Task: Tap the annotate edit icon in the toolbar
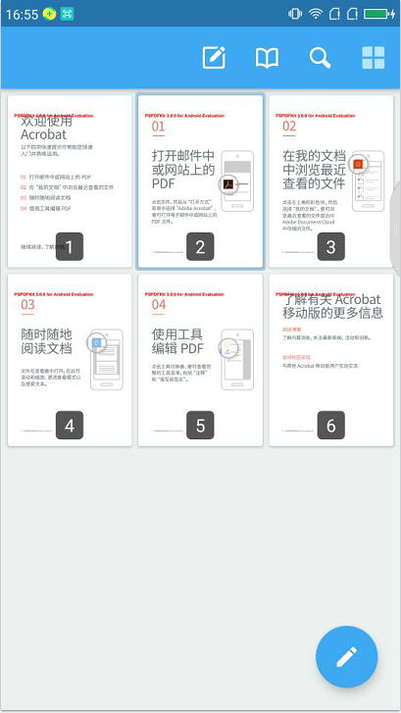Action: (214, 58)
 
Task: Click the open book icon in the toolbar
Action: (267, 58)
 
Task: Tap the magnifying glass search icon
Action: (320, 58)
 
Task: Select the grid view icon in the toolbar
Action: (373, 58)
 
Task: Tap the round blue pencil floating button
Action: (346, 656)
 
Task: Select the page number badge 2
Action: (200, 246)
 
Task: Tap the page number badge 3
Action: (331, 246)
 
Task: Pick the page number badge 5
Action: (200, 425)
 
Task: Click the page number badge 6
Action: (331, 425)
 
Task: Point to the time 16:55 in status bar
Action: (22, 14)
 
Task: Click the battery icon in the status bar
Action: (378, 14)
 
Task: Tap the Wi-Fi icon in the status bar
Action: (317, 14)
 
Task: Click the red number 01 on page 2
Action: (158, 127)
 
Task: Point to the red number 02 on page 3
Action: (289, 127)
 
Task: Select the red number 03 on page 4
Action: (27, 306)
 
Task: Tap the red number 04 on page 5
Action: (158, 306)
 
